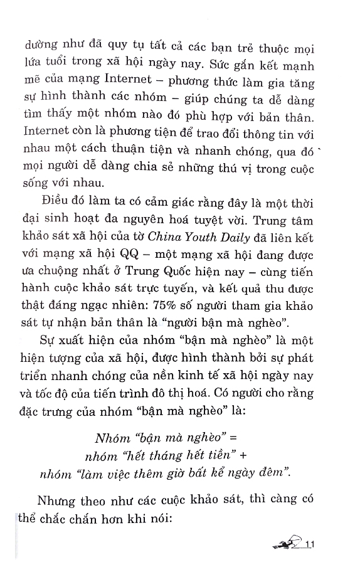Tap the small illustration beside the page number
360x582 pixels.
[289, 544]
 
